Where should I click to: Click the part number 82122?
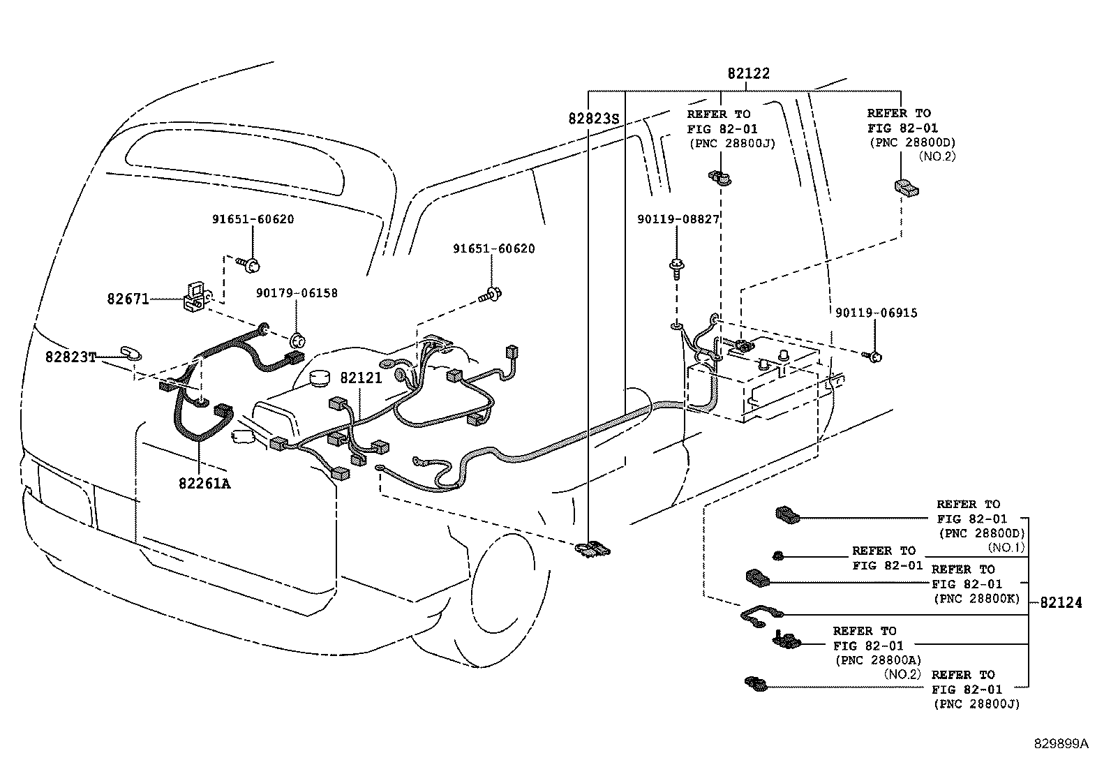(748, 73)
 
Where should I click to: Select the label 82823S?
(594, 119)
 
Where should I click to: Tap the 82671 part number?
(128, 299)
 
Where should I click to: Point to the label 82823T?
(70, 357)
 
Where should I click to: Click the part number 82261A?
(205, 483)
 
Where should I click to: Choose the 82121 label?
(361, 378)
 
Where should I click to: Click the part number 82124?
(1061, 602)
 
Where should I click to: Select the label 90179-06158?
(297, 293)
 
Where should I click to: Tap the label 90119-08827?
(678, 218)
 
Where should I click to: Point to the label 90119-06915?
(877, 313)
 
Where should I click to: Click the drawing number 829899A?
(1061, 744)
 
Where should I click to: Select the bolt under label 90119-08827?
(677, 269)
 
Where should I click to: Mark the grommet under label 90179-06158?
(297, 341)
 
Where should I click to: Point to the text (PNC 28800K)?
(976, 599)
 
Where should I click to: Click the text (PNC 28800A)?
(879, 660)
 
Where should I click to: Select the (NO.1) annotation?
(1006, 548)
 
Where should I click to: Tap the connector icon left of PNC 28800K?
(758, 578)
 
